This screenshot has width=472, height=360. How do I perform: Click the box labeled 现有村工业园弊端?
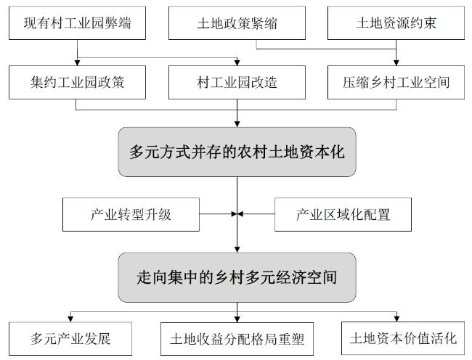pos(78,22)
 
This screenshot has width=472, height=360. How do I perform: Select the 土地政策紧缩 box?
pos(237,22)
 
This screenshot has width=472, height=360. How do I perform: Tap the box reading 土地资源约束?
pos(396,22)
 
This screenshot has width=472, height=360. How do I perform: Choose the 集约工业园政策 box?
pos(78,83)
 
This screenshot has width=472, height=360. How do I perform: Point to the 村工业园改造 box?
pos(237,83)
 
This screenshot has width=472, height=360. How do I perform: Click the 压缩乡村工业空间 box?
pos(396,83)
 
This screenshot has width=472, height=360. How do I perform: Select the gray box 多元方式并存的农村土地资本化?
pos(237,152)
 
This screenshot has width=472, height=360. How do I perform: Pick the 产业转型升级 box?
pos(131,214)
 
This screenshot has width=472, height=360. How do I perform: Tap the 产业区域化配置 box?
pos(343,214)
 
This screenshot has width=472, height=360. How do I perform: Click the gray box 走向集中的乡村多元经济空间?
pos(237,277)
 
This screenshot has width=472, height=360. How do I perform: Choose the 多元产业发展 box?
pos(70,339)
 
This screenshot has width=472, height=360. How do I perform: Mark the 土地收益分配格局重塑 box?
pos(237,339)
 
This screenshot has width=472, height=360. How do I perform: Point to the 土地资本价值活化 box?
pos(403,338)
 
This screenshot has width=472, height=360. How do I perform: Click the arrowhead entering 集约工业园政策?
pos(78,63)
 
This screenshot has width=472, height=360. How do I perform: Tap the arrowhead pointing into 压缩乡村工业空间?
pos(396,63)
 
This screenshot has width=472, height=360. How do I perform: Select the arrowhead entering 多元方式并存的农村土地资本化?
pos(237,124)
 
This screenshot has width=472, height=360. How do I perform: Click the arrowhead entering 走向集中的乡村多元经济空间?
pos(237,250)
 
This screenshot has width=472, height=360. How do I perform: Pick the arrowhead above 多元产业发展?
pos(70,319)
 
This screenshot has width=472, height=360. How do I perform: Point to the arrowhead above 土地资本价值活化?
pos(396,319)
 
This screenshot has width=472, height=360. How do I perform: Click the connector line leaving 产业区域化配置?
pos(256,214)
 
